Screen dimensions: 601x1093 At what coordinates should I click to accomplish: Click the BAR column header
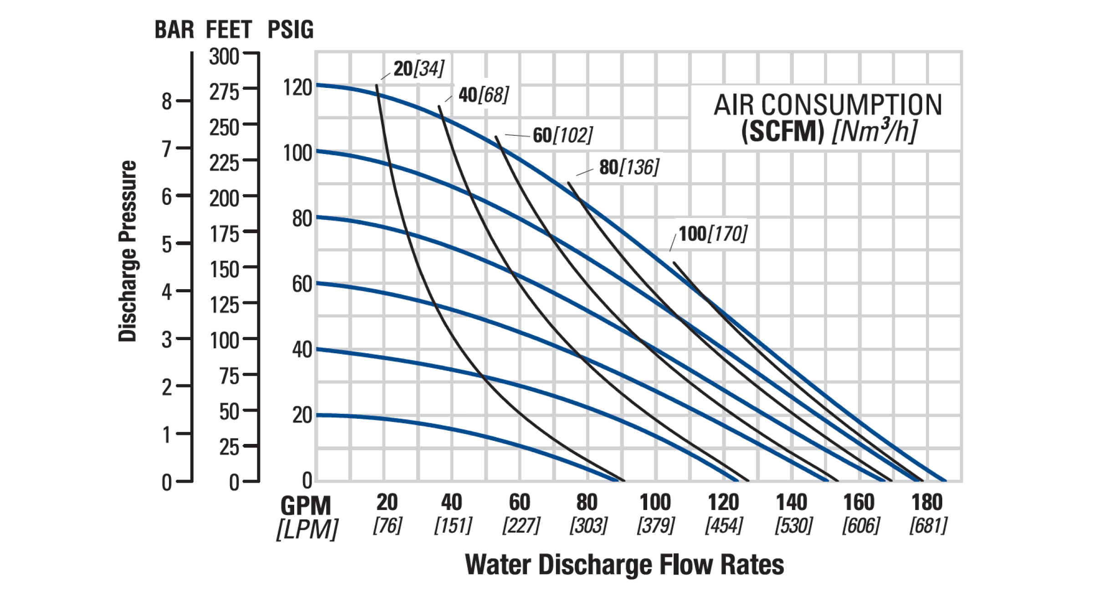click(x=174, y=30)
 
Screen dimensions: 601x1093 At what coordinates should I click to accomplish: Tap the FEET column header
click(x=229, y=30)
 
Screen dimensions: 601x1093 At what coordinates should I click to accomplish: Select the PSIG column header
click(x=291, y=30)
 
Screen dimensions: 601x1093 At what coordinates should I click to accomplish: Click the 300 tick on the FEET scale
click(x=224, y=57)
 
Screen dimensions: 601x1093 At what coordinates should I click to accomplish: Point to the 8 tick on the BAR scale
click(x=167, y=101)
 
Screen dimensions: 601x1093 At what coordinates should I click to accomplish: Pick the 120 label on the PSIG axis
click(x=297, y=87)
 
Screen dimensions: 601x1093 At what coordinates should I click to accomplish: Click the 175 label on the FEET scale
click(x=224, y=234)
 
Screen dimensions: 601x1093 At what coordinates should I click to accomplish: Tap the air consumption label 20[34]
click(x=419, y=69)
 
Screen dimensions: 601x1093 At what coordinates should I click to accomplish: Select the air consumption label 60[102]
click(x=563, y=135)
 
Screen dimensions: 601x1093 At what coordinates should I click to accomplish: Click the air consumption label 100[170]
click(x=713, y=234)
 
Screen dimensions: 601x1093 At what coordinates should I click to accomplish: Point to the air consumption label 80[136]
click(x=629, y=168)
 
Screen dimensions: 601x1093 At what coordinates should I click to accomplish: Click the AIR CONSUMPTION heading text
click(x=827, y=105)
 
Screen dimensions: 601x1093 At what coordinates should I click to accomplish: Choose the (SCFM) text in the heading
click(x=782, y=132)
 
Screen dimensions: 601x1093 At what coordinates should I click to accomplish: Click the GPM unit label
click(x=306, y=506)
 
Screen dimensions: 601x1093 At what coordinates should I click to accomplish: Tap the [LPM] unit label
click(x=307, y=530)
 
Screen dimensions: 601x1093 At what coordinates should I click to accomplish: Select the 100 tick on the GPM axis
click(x=655, y=503)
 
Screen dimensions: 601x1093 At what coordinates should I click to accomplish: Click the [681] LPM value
click(x=928, y=526)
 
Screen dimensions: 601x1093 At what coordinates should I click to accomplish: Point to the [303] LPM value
click(x=588, y=526)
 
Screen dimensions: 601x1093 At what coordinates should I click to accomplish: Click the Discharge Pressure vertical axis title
click(x=128, y=251)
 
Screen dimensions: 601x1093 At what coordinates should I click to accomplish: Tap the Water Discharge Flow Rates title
click(x=624, y=565)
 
